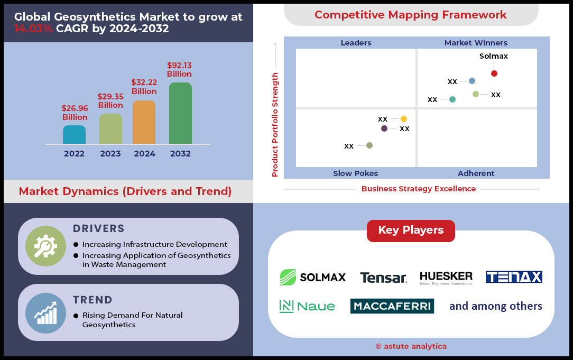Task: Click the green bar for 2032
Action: [180, 113]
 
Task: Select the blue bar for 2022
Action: [74, 134]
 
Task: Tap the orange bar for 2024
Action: [144, 122]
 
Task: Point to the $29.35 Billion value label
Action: [110, 101]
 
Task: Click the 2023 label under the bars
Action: [110, 153]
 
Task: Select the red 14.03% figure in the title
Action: [34, 29]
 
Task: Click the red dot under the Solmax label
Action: [494, 73]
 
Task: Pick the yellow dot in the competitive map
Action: [404, 119]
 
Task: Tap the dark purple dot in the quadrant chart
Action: [384, 128]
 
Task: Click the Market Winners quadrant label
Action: [476, 43]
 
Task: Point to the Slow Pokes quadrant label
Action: [356, 173]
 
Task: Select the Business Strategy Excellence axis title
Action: [419, 189]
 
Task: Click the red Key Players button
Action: [411, 230]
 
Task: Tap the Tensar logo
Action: [383, 278]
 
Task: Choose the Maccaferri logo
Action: [392, 306]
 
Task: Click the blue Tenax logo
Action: [514, 277]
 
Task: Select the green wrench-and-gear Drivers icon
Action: [45, 246]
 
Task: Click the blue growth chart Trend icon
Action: [45, 313]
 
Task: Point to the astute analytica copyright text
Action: [411, 346]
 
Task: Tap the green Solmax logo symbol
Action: [288, 278]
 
